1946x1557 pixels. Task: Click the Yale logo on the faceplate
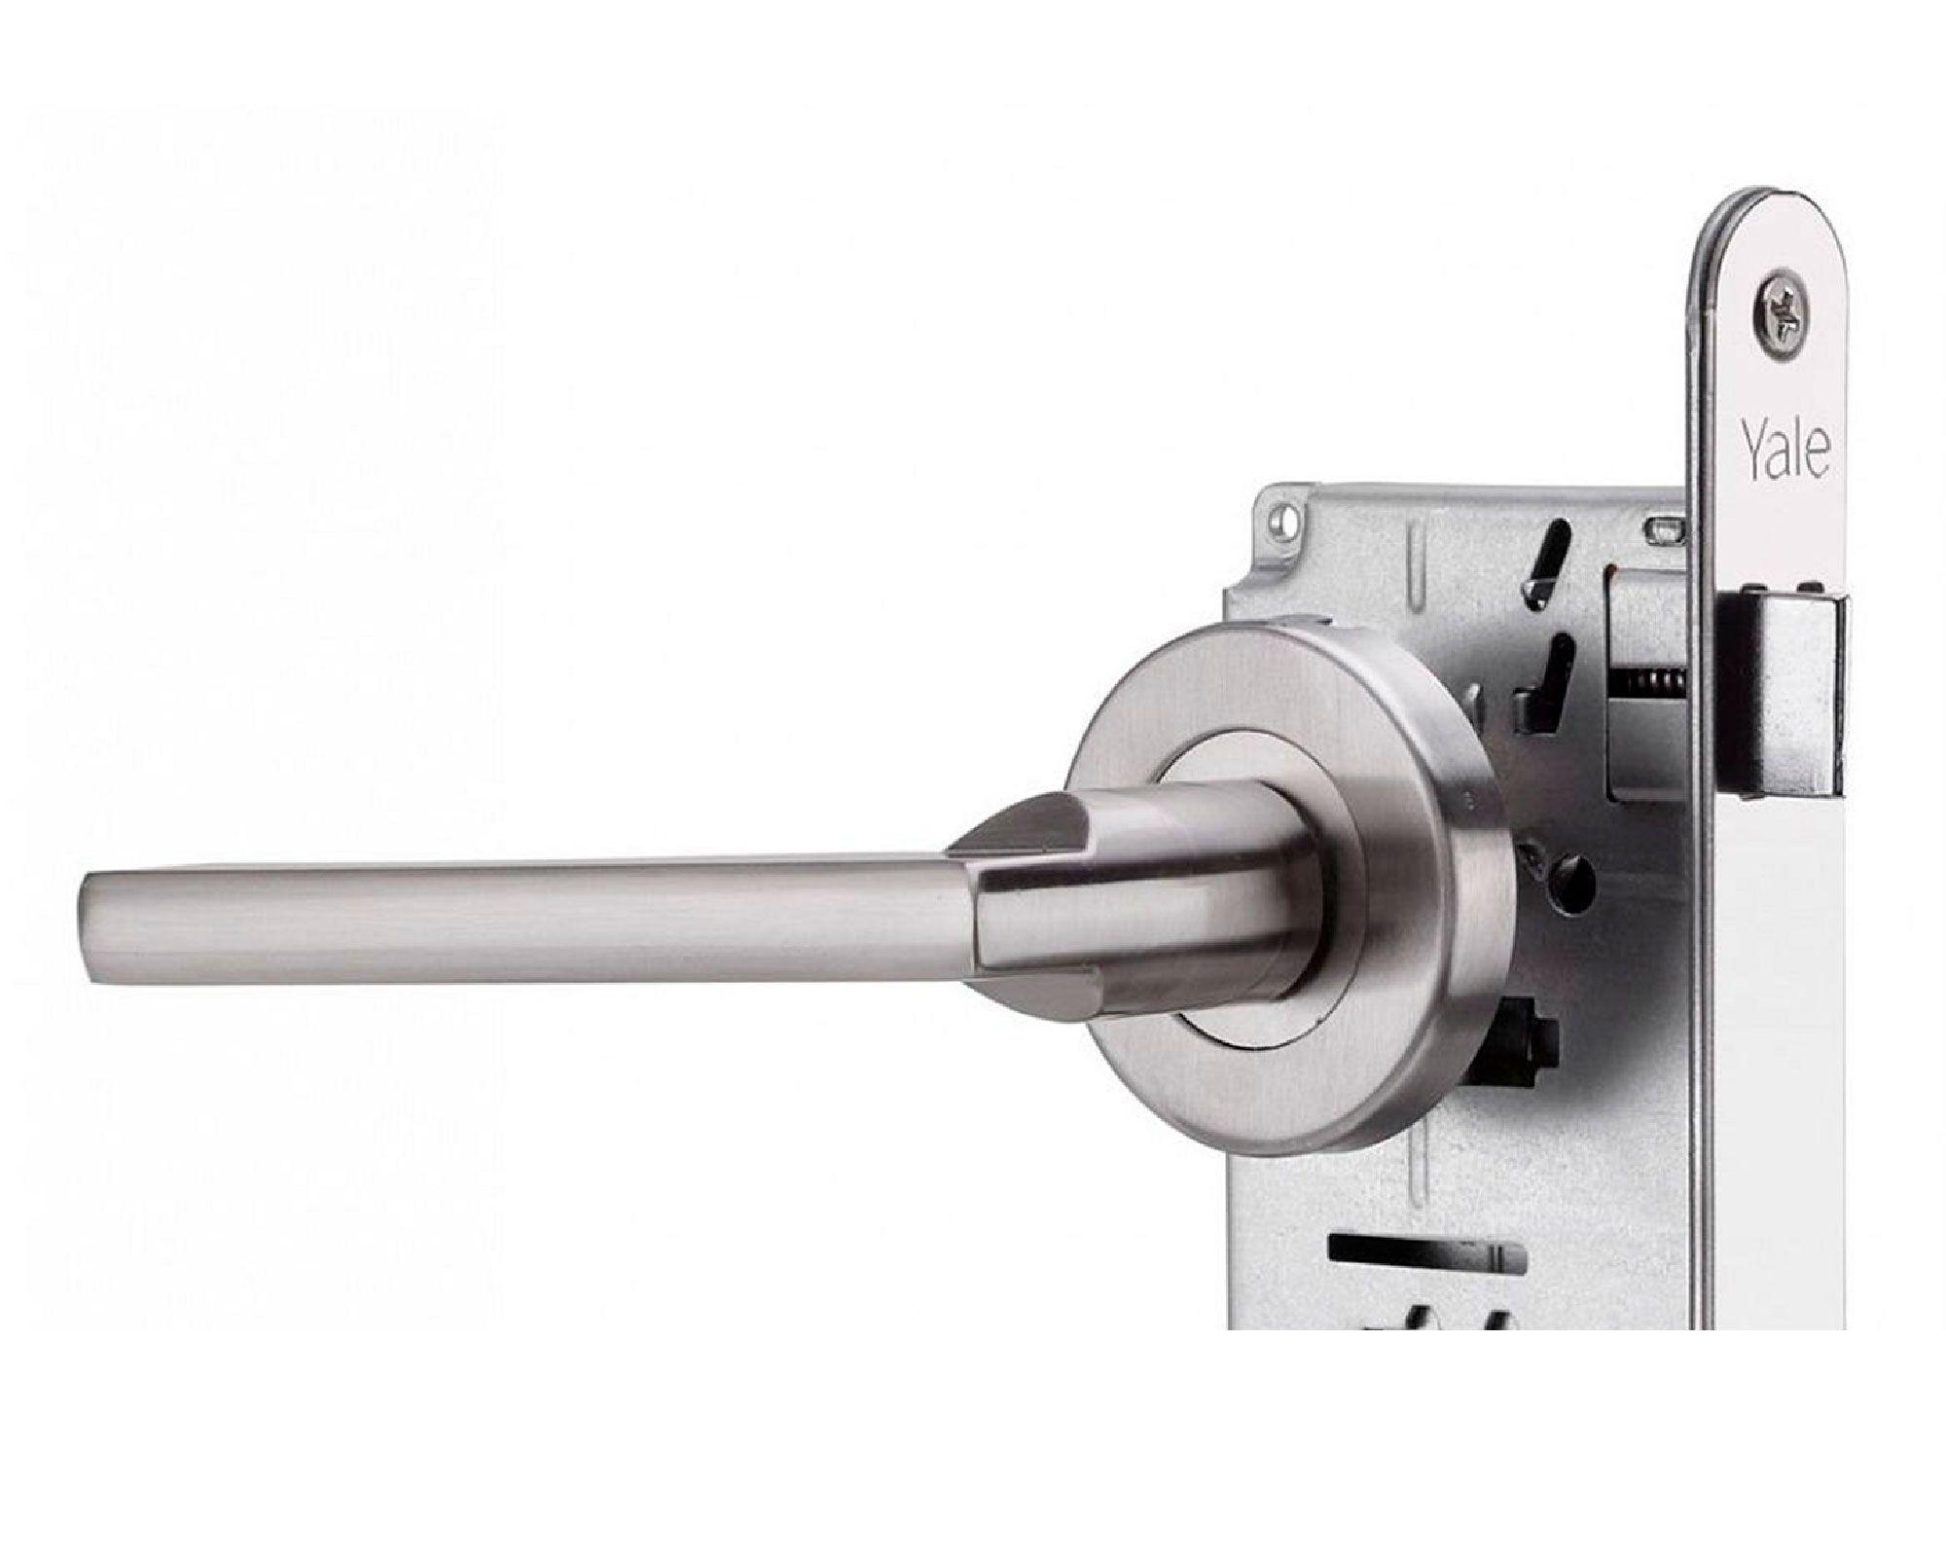click(x=1785, y=450)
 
